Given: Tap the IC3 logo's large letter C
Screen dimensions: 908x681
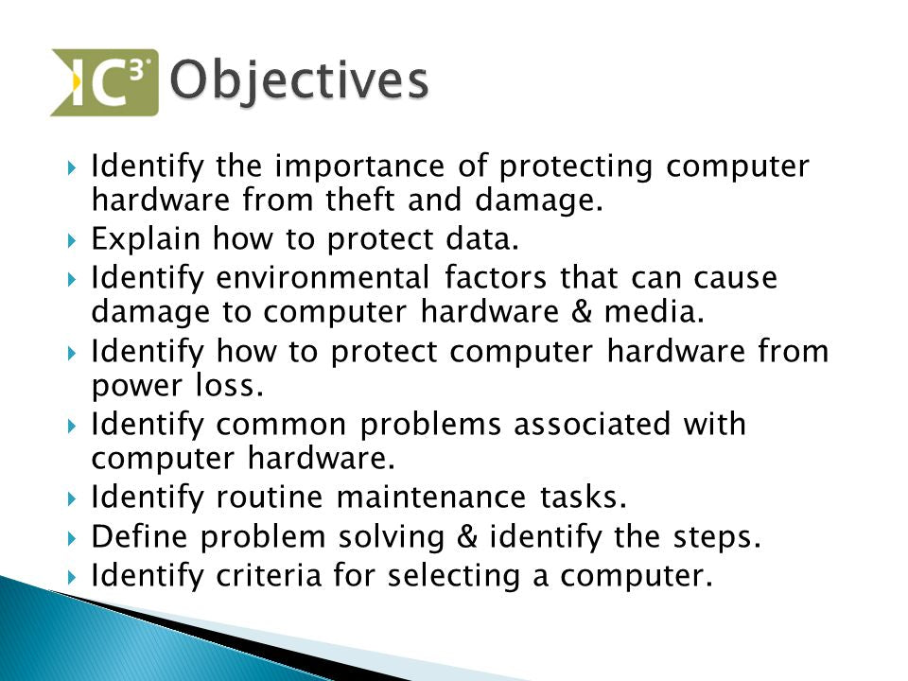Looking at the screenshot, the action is tap(107, 85).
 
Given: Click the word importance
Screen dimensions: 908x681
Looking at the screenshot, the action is tap(359, 166).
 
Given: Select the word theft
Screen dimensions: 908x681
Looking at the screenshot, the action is tap(359, 200).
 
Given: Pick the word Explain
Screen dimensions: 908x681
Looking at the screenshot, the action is tap(146, 239).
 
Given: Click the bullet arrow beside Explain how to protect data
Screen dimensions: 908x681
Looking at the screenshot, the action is tap(72, 240).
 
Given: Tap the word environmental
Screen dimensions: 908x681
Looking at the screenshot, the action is tap(323, 277).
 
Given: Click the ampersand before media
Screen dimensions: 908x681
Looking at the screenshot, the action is tap(582, 311).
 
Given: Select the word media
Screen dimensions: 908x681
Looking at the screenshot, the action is tap(655, 311).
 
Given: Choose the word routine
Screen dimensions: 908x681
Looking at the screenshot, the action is tap(270, 498).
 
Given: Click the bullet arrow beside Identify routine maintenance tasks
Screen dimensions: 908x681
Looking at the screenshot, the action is tap(72, 498).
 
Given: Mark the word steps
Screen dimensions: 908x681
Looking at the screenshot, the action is tap(717, 538).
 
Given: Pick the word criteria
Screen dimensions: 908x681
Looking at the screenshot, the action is tap(269, 576).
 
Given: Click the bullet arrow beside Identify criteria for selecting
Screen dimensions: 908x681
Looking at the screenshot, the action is tap(72, 577).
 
